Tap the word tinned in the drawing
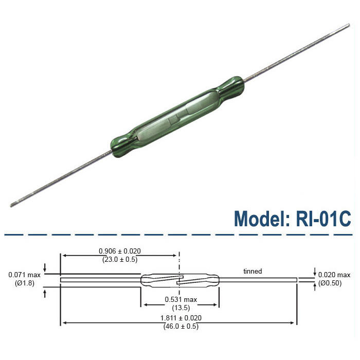click(x=253, y=271)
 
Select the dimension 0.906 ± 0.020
click(x=120, y=251)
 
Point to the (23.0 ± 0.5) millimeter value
click(x=120, y=260)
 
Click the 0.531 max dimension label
click(x=180, y=300)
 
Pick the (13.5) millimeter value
click(x=180, y=308)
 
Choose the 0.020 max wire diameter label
click(x=334, y=275)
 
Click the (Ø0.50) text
click(x=334, y=283)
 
